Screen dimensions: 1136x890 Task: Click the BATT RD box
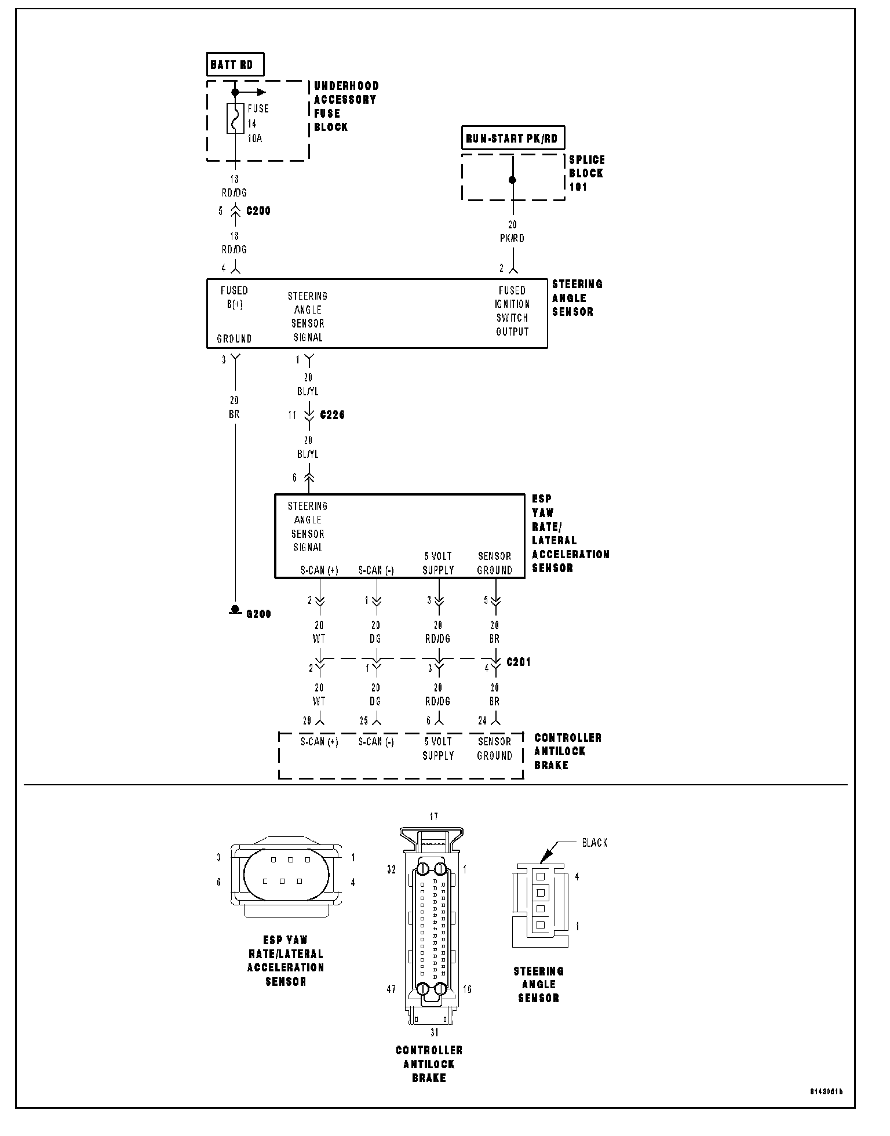coord(235,65)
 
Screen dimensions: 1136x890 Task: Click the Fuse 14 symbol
coord(235,118)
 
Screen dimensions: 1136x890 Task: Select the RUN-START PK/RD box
coord(512,139)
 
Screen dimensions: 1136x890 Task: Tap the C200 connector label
coord(258,211)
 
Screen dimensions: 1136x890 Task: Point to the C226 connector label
coord(332,415)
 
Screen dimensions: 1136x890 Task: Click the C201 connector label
coord(519,662)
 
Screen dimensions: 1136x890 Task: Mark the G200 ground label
coord(258,614)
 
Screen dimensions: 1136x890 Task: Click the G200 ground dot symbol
coord(235,609)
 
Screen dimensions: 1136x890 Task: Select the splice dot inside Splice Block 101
coord(512,180)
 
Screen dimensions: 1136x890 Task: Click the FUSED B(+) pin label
coord(234,297)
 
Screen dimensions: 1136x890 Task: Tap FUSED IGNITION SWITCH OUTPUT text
coord(512,311)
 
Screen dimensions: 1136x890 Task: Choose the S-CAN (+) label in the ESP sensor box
coord(319,570)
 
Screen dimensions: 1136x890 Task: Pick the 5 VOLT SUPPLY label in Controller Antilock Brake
coord(438,748)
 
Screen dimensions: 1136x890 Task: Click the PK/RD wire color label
coord(512,238)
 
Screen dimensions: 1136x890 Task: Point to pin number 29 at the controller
coord(307,721)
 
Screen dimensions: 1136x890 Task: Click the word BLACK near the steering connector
coord(594,843)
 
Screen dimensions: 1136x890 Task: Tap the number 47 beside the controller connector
coord(391,989)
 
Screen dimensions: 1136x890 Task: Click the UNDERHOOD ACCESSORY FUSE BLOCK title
coord(346,107)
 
